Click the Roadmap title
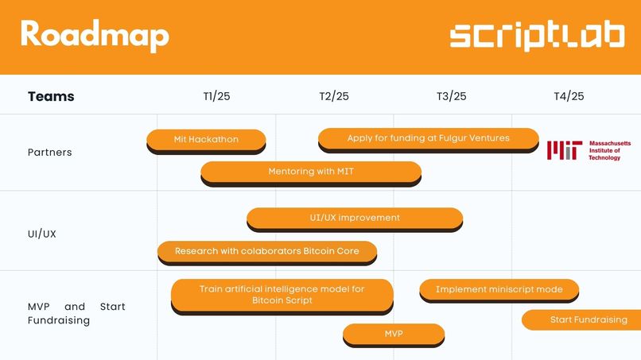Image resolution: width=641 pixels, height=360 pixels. click(95, 35)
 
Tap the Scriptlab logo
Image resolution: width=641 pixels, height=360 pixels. click(537, 37)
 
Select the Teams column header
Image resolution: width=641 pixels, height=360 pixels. click(51, 96)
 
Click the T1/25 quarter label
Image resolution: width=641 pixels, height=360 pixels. click(216, 96)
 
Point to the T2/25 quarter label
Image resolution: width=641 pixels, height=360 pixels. click(334, 96)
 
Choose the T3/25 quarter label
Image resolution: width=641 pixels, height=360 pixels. click(451, 96)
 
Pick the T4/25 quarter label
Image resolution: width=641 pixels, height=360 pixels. click(569, 96)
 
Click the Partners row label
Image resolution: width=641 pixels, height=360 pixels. click(49, 152)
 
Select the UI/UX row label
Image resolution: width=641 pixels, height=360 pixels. click(42, 234)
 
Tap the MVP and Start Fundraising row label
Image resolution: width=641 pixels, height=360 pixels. click(76, 313)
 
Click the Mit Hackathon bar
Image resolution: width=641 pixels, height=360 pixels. click(206, 140)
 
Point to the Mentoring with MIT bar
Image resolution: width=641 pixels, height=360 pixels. click(310, 172)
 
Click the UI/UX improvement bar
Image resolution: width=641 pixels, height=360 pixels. click(354, 218)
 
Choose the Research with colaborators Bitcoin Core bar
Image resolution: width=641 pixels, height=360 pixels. click(266, 251)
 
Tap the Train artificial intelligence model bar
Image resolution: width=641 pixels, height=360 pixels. click(282, 295)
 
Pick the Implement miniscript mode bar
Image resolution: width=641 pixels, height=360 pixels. click(499, 290)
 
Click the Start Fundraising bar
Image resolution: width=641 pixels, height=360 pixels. click(585, 320)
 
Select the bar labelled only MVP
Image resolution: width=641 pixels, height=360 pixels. click(393, 334)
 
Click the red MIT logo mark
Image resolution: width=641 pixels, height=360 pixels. click(564, 150)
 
